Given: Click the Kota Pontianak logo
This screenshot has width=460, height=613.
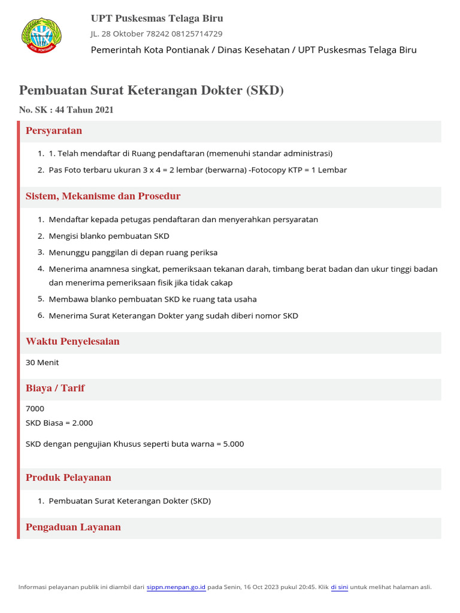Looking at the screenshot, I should click(41, 35).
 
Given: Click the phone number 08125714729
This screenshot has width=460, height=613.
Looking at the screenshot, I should click(197, 34).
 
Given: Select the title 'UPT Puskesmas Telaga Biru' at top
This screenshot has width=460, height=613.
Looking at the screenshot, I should click(157, 19).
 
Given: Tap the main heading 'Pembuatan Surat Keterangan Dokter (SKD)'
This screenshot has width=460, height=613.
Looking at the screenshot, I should click(151, 90).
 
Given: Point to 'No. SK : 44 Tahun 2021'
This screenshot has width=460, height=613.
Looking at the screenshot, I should click(66, 110).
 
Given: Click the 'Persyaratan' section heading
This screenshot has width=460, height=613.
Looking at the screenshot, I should click(54, 131).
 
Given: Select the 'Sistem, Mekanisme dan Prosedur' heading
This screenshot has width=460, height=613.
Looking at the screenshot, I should click(103, 196).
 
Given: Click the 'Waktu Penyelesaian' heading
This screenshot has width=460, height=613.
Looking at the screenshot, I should click(72, 342).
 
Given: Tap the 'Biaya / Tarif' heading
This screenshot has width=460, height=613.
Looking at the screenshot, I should click(55, 389).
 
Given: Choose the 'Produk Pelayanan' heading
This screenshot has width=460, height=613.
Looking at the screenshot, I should click(68, 478).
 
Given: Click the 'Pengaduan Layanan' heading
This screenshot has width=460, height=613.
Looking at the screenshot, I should click(73, 527).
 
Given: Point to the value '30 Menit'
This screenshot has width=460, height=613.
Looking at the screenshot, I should click(43, 363).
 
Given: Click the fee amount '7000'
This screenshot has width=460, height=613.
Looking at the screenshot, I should click(35, 409).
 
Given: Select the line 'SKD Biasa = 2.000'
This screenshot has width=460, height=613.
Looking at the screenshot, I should click(59, 423).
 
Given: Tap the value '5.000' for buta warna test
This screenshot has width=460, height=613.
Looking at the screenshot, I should click(233, 444).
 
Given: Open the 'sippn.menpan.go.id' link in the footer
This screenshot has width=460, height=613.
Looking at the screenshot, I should click(176, 587).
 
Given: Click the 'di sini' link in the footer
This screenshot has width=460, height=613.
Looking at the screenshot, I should click(339, 587).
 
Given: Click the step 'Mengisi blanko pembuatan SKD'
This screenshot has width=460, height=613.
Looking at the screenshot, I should click(109, 236).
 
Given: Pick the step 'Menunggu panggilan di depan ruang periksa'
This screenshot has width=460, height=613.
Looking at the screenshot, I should click(133, 253).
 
